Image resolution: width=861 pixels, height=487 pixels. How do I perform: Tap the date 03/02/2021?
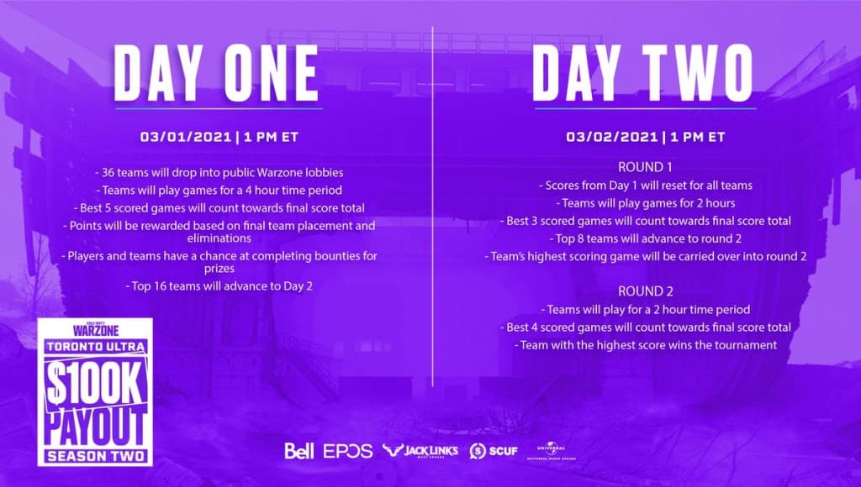click(x=608, y=136)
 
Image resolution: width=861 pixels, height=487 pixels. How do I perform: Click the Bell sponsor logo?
click(x=299, y=451)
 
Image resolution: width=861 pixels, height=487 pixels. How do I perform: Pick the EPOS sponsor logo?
click(x=347, y=451)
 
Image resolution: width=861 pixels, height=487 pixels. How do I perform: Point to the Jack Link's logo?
click(x=420, y=451)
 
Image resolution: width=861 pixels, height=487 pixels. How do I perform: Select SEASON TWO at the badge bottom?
click(x=94, y=456)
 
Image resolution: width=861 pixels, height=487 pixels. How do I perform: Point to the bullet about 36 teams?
click(x=218, y=172)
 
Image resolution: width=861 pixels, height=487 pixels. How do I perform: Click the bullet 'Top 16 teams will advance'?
click(x=218, y=286)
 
